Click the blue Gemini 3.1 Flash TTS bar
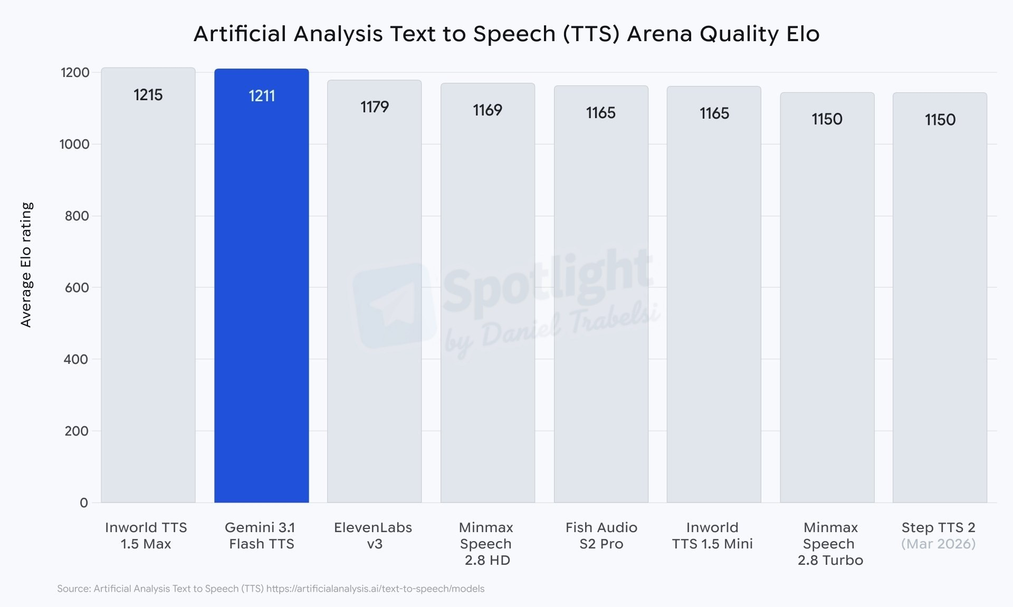[261, 295]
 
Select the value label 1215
[148, 95]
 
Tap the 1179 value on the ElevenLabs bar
[374, 107]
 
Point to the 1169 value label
[487, 110]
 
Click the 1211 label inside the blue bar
[262, 96]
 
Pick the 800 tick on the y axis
[77, 216]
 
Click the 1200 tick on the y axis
[75, 72]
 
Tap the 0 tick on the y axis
[83, 503]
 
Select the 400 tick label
[77, 359]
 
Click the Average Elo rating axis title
[26, 264]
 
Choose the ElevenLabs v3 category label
[373, 535]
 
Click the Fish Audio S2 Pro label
[601, 535]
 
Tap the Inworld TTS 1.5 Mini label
[712, 535]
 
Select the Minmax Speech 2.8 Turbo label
[830, 543]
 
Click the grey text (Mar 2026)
[938, 544]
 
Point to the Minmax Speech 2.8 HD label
[486, 543]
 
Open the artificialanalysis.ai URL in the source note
[375, 589]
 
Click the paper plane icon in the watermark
[393, 306]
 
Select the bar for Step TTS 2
[940, 316]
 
